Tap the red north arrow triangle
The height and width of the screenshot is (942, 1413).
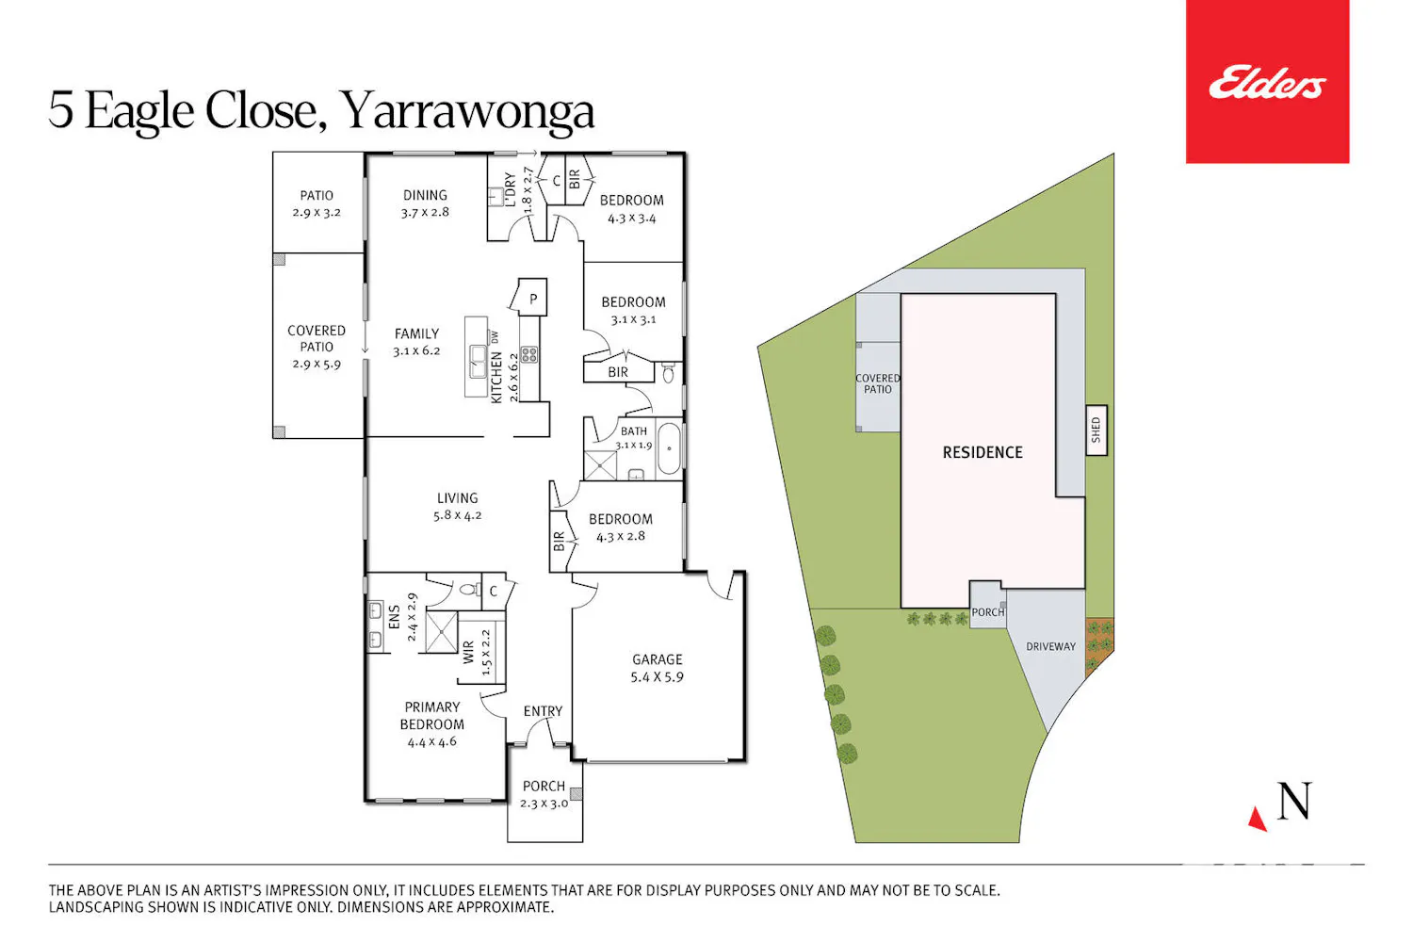[1258, 819]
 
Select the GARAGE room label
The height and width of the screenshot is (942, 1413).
[658, 660]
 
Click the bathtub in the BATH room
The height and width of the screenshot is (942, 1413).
[669, 448]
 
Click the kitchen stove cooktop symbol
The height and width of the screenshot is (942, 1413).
[529, 354]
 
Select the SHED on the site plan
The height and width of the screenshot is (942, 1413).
[1096, 430]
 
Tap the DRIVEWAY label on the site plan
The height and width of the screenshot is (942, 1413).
[1051, 647]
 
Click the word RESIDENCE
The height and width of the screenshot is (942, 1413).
[983, 452]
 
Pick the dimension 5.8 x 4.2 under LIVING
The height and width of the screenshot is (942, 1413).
[457, 515]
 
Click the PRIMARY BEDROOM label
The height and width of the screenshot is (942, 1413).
[432, 716]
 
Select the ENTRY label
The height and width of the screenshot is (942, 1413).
[544, 711]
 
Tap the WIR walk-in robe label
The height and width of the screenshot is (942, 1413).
[469, 653]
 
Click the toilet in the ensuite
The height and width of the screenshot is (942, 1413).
[468, 590]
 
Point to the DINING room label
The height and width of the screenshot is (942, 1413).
[425, 196]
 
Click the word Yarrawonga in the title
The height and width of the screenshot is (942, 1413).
[467, 111]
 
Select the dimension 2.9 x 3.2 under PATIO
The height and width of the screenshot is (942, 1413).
[317, 213]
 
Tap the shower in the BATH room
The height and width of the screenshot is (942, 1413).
[600, 465]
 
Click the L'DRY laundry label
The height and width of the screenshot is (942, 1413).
[511, 189]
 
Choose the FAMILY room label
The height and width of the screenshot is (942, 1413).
[417, 333]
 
